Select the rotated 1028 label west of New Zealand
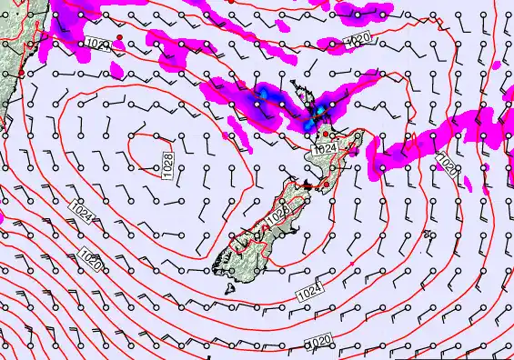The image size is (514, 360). [168, 165]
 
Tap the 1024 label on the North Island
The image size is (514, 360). [326, 148]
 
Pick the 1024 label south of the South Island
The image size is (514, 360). [309, 293]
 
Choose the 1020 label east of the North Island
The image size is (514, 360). [447, 164]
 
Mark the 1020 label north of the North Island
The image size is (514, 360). [358, 40]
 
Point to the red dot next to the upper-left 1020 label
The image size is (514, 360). [119, 37]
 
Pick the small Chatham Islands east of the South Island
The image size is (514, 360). [428, 234]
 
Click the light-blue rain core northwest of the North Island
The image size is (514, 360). [264, 94]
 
